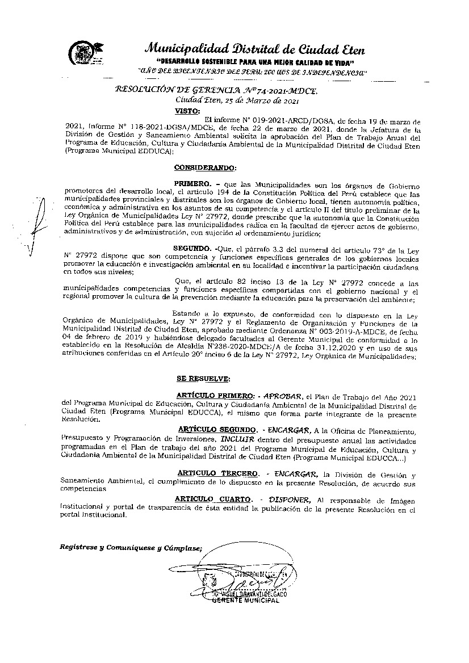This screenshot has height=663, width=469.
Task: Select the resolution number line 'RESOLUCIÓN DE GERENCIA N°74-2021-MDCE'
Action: tap(217, 90)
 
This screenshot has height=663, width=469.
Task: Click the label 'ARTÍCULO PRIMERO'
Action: tap(215, 395)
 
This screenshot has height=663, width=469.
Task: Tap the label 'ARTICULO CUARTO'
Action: tap(213, 499)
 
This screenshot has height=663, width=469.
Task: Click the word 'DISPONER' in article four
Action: tap(290, 499)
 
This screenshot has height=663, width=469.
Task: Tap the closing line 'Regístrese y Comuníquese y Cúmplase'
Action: tap(131, 547)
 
